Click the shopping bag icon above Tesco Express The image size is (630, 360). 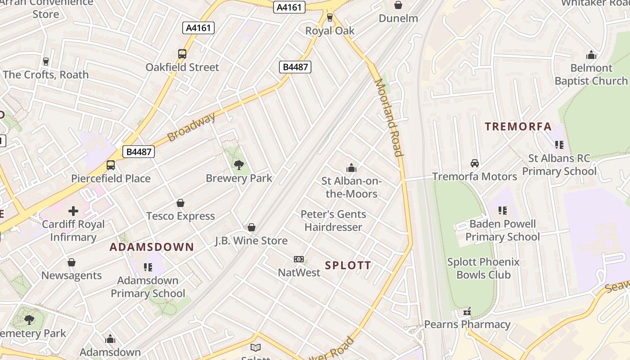180,203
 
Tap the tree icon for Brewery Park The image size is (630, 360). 239,165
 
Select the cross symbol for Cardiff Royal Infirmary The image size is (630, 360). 73,211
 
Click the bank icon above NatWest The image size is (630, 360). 299,259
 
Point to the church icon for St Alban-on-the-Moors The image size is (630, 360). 351,168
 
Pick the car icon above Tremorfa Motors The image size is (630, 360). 474,163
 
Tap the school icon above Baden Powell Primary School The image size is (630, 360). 503,211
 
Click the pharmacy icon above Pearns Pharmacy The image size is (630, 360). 467,311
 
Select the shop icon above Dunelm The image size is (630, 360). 398,5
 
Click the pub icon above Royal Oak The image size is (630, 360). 330,18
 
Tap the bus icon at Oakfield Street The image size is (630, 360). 182,54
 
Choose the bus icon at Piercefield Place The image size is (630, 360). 111,165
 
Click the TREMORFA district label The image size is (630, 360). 518,126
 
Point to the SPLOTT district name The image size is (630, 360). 348,265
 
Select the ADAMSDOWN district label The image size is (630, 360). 152,247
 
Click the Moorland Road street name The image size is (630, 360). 388,117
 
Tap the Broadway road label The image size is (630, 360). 191,127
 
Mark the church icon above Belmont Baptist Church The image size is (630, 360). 591,55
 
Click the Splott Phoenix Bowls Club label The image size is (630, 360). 483,268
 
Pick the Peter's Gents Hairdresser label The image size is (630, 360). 333,220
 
